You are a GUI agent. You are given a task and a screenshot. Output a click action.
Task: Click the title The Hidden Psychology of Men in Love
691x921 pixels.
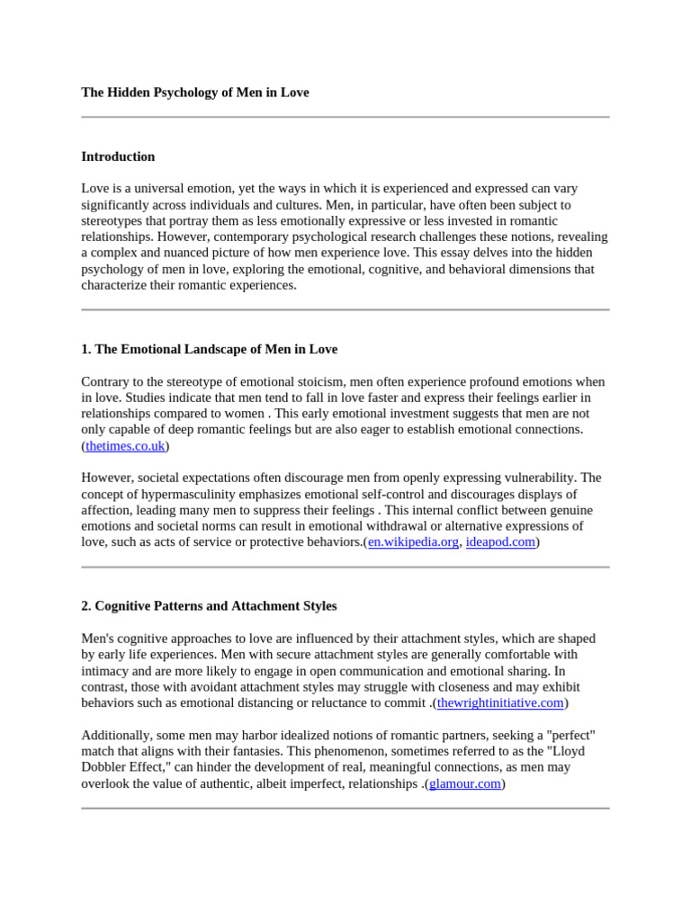point(194,93)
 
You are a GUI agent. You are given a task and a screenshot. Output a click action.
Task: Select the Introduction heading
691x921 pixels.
point(118,156)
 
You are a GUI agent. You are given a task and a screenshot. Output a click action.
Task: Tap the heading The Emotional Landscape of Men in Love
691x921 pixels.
point(210,349)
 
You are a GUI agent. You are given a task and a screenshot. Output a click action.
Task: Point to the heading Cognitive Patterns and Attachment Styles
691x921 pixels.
point(209,606)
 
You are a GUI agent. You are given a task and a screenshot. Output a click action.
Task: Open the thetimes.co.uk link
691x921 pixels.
point(125,446)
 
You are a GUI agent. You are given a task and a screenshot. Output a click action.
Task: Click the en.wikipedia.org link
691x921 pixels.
point(413,542)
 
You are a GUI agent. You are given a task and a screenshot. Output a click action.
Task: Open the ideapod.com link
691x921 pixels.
point(500,542)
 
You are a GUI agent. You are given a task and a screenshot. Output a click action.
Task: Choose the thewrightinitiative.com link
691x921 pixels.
point(499,703)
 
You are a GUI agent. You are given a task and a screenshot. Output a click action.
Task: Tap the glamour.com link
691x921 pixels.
point(464,784)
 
